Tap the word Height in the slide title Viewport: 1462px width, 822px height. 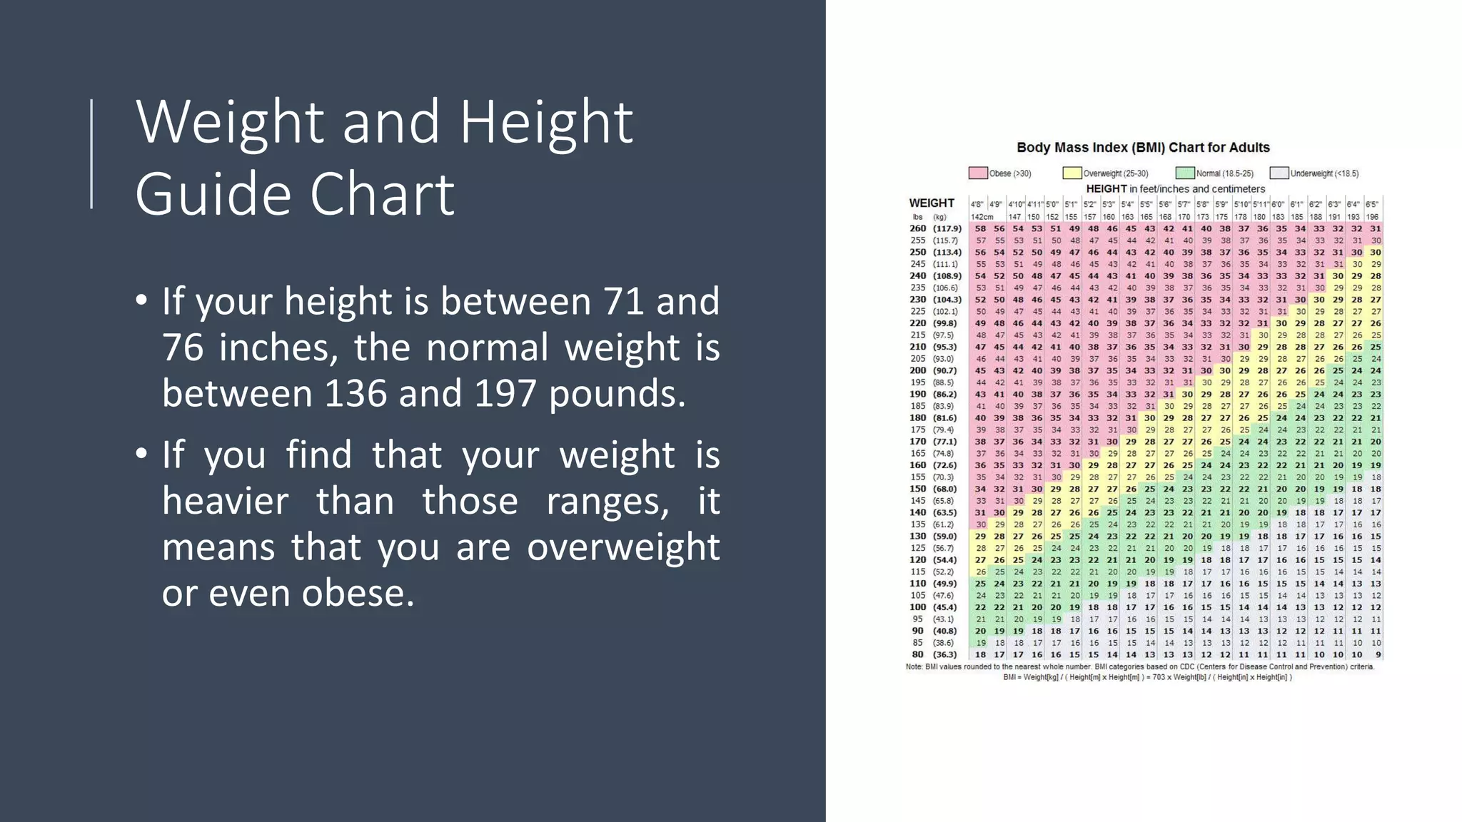pyautogui.click(x=546, y=122)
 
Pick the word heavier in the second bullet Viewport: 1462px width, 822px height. pyautogui.click(x=225, y=501)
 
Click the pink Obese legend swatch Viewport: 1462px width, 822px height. pyautogui.click(x=978, y=173)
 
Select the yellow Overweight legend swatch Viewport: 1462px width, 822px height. pyautogui.click(x=1072, y=173)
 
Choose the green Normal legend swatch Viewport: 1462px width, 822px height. pyautogui.click(x=1185, y=173)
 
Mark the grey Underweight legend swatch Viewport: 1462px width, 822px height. pyautogui.click(x=1279, y=173)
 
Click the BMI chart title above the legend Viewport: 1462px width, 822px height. pyautogui.click(x=1143, y=148)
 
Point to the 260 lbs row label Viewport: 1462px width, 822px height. pyautogui.click(x=918, y=228)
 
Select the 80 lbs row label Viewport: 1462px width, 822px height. pyautogui.click(x=918, y=654)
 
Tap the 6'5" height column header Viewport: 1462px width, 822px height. pyautogui.click(x=1372, y=204)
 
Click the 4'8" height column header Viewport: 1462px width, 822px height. pyautogui.click(x=977, y=204)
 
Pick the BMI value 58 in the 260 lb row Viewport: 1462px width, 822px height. pyautogui.click(x=981, y=228)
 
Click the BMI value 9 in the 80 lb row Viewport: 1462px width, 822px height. pyautogui.click(x=1377, y=654)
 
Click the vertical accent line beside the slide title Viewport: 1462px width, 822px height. pyautogui.click(x=91, y=154)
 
